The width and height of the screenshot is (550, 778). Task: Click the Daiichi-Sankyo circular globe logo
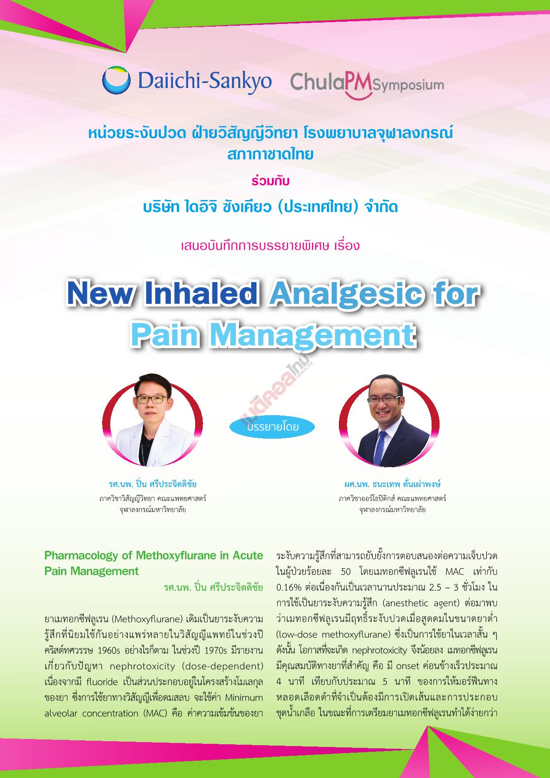pyautogui.click(x=117, y=81)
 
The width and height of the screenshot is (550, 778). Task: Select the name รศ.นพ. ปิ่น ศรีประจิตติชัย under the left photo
pyautogui.click(x=153, y=483)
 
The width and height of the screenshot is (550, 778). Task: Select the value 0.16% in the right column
pyautogui.click(x=287, y=587)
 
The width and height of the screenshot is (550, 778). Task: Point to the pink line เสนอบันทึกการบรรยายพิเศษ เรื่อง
pyautogui.click(x=270, y=245)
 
